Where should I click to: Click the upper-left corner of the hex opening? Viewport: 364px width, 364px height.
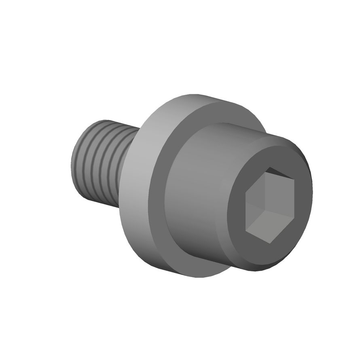pyautogui.click(x=246, y=187)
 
